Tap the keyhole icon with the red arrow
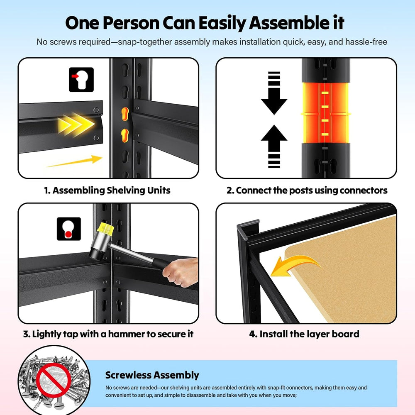tap(81, 80)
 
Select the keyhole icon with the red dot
tap(69, 229)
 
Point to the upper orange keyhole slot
tap(125, 114)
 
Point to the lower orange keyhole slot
tap(124, 135)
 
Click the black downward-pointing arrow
tap(274, 93)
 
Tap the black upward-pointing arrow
tap(274, 146)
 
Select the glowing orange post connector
tap(325, 113)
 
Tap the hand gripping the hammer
tap(181, 272)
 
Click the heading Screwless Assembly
tap(152, 375)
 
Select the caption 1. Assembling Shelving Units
tap(107, 190)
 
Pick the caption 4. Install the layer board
tap(304, 334)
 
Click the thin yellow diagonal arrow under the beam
tap(75, 161)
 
